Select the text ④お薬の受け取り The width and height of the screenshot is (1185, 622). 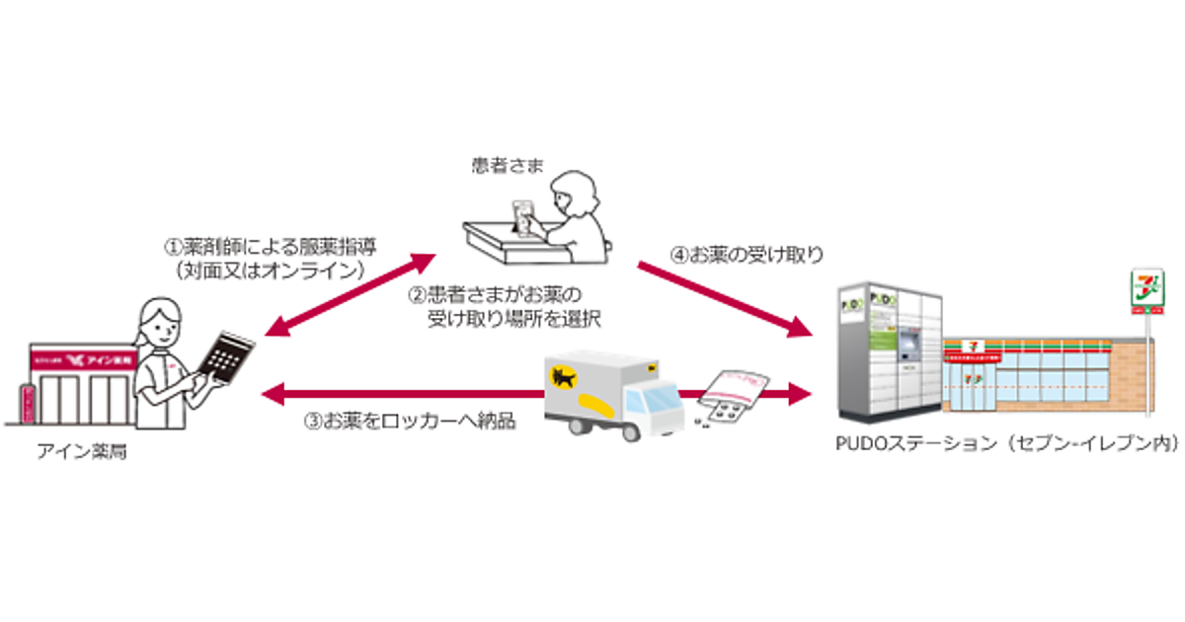pos(746,255)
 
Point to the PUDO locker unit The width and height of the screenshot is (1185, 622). pos(888,350)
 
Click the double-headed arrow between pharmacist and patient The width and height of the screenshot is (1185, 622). pos(350,293)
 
